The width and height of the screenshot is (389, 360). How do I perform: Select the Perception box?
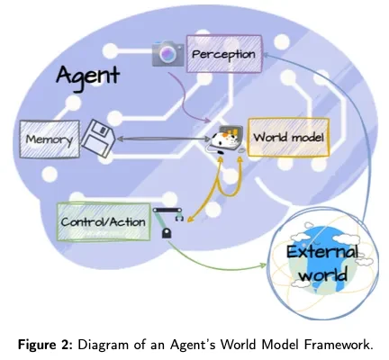point(223,54)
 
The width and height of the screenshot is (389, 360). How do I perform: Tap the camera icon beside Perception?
point(167,53)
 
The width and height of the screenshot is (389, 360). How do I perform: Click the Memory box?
point(44,140)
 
